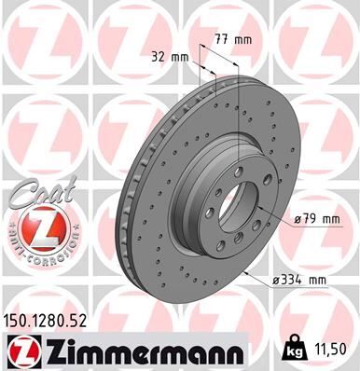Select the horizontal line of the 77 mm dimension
(x=224, y=48)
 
